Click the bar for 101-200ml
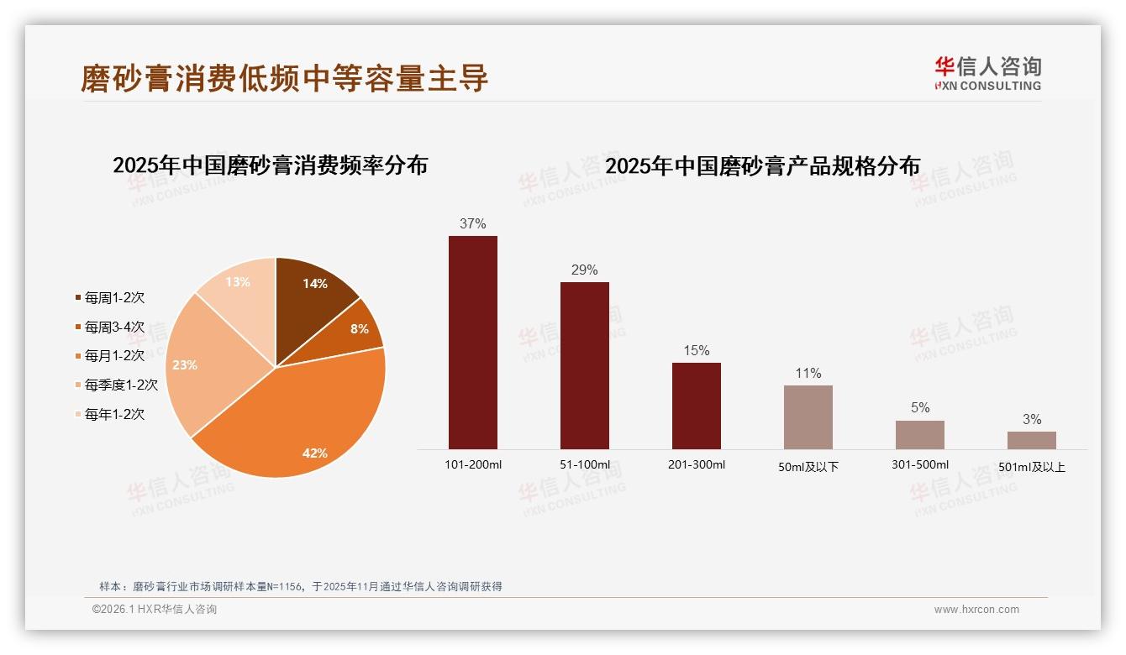[x=472, y=343]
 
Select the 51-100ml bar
[x=584, y=365]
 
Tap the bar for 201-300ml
[x=696, y=406]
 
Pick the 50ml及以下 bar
[x=808, y=417]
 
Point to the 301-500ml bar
[x=919, y=435]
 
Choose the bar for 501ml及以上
[x=1031, y=440]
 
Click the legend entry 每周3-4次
[x=114, y=327]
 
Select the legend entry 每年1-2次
[x=114, y=414]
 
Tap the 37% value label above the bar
[x=472, y=224]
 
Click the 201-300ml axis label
[x=696, y=465]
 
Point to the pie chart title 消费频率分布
[x=270, y=165]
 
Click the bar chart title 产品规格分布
[x=762, y=165]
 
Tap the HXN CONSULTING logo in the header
[x=987, y=73]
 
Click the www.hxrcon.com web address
[x=976, y=610]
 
